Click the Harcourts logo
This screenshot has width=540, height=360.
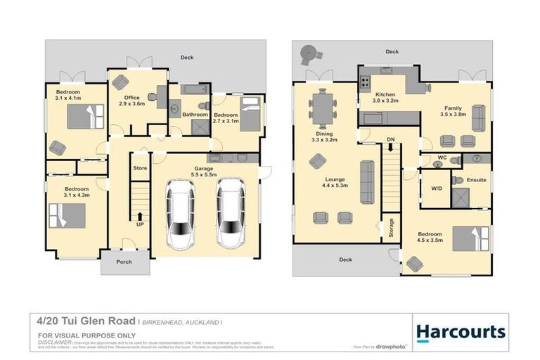tap(461, 332)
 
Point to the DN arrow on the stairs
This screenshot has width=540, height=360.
tap(390, 147)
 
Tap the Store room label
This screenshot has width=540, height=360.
tap(140, 169)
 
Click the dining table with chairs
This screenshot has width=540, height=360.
tap(323, 109)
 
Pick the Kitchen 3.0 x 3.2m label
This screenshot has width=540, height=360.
tap(386, 98)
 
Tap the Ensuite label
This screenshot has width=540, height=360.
tap(477, 180)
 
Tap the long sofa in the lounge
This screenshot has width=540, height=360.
tap(366, 181)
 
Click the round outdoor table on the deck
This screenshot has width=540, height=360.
tap(309, 53)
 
